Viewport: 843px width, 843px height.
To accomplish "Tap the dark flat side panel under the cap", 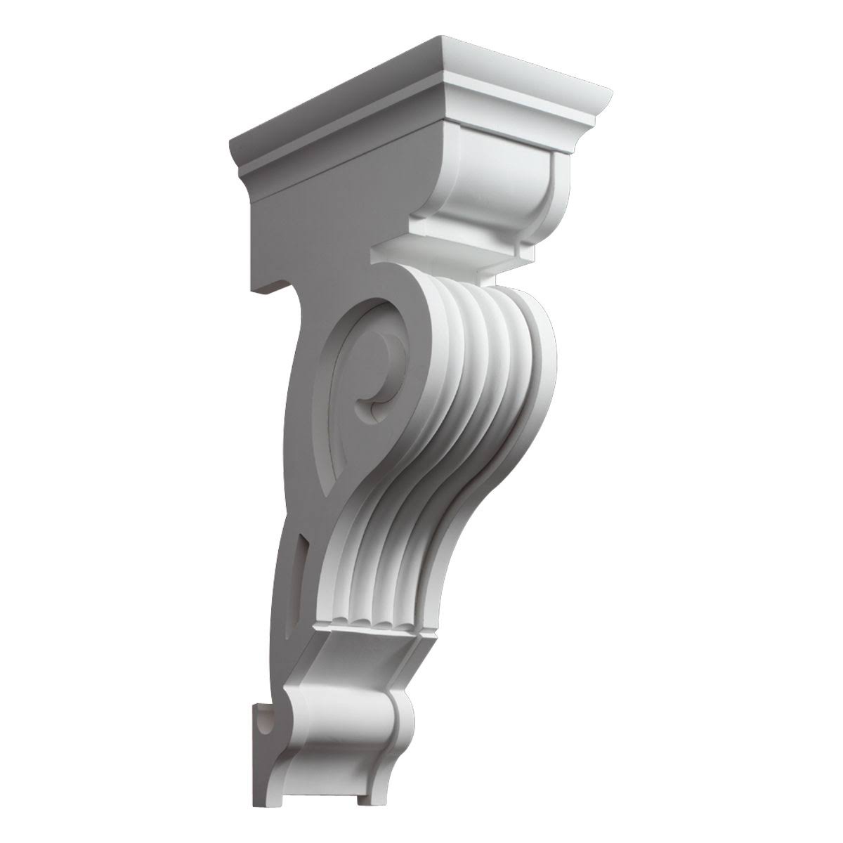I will [316, 211].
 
